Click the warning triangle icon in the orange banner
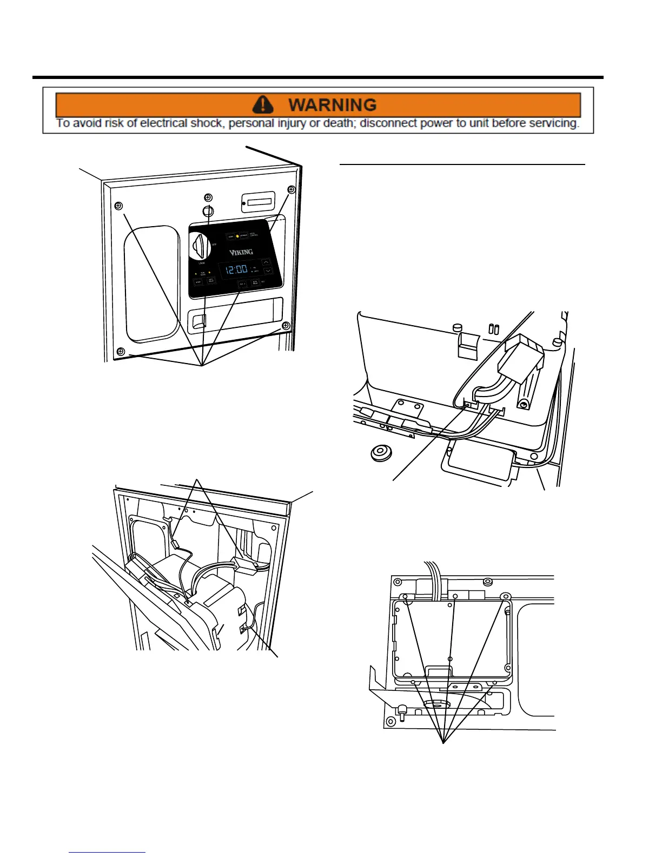pyautogui.click(x=263, y=104)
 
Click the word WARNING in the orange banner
pyautogui.click(x=332, y=104)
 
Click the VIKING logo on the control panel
pyautogui.click(x=241, y=252)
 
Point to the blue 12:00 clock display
pyautogui.click(x=237, y=269)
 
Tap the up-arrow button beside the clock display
pyautogui.click(x=267, y=262)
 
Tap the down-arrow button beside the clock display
pyautogui.click(x=268, y=271)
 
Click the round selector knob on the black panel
pyautogui.click(x=200, y=246)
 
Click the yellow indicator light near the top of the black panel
pyautogui.click(x=237, y=236)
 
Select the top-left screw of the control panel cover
pyautogui.click(x=119, y=206)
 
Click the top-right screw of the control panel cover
pyautogui.click(x=291, y=189)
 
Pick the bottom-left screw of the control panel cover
pyautogui.click(x=121, y=351)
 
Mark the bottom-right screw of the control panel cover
pyautogui.click(x=286, y=326)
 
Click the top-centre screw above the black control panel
pyautogui.click(x=208, y=197)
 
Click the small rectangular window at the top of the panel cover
pyautogui.click(x=259, y=202)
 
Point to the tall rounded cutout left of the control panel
pyautogui.click(x=152, y=284)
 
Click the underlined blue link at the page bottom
pyautogui.click(x=107, y=852)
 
